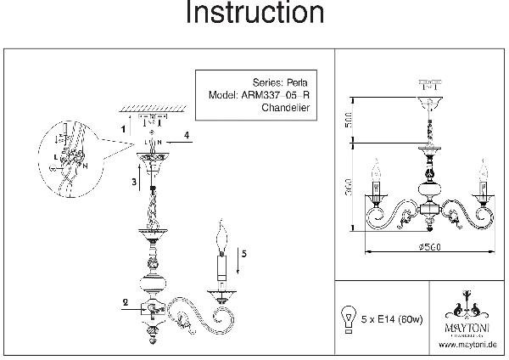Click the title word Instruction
255,14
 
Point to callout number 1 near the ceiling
123,128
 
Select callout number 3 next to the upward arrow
134,181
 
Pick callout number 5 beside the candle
244,252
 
